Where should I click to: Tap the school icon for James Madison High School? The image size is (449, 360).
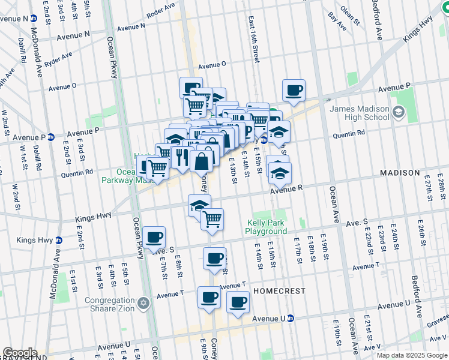click(x=397, y=112)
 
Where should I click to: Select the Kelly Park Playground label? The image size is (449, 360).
click(x=267, y=227)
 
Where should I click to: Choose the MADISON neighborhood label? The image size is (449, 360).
click(x=400, y=173)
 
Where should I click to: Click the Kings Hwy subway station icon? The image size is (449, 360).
click(x=58, y=240)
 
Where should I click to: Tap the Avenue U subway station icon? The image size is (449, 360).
click(x=290, y=318)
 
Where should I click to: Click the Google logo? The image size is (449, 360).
click(x=20, y=353)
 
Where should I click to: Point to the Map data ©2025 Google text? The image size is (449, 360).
click(x=411, y=355)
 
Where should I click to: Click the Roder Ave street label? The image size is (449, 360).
click(x=161, y=11)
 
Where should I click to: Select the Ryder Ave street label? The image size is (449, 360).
click(x=59, y=59)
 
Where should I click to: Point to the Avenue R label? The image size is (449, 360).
click(x=285, y=190)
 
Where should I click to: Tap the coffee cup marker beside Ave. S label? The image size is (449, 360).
click(x=154, y=238)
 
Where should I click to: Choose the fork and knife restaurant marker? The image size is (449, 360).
click(x=180, y=158)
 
